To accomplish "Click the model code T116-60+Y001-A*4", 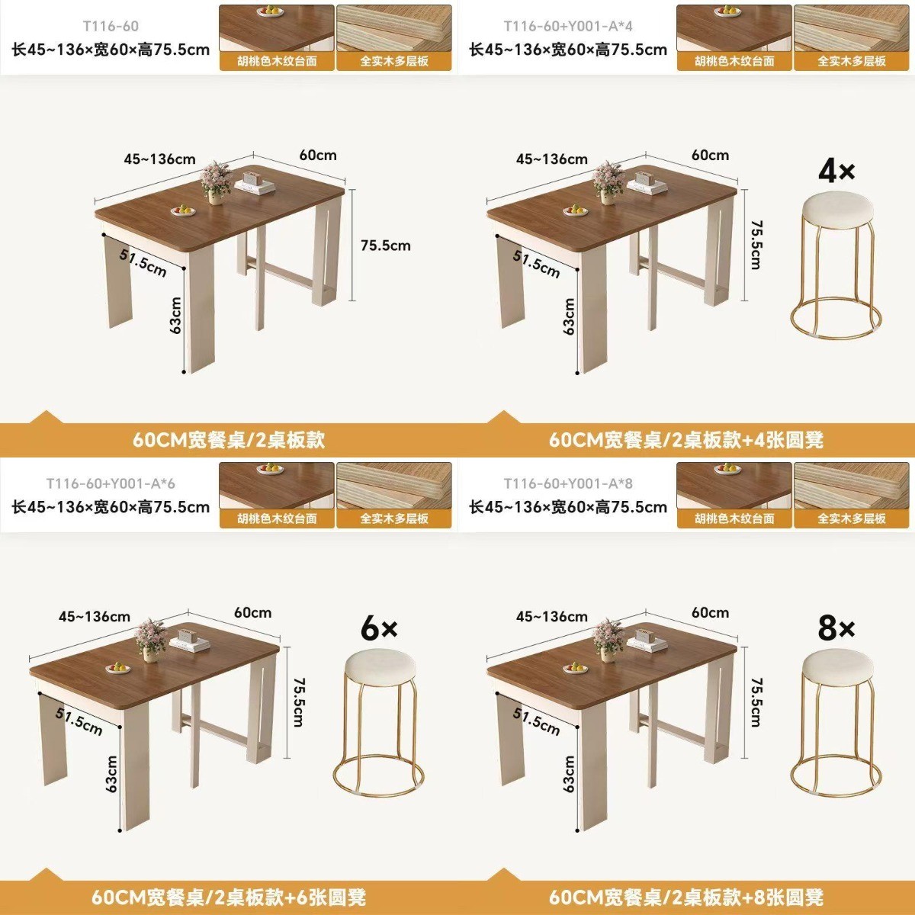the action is pos(568,26).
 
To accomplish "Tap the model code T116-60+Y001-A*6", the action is pos(111,483).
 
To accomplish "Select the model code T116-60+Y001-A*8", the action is pos(568,483).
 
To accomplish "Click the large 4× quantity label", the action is pos(836,172).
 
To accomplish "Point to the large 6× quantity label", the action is pos(379,628).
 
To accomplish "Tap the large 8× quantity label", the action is pos(836,628).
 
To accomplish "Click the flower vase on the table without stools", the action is pos(216,183).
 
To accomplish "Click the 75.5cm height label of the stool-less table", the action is pos(386,246).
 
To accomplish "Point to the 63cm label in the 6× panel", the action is pos(111,773).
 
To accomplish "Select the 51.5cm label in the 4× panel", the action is pos(536,263).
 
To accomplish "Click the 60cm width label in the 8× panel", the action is pos(710,612).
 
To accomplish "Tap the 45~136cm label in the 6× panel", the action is pos(94,616).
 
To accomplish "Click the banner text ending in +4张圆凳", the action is pos(685,440).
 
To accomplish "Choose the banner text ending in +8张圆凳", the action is pos(685,897).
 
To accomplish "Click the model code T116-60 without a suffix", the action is pos(111,26).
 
